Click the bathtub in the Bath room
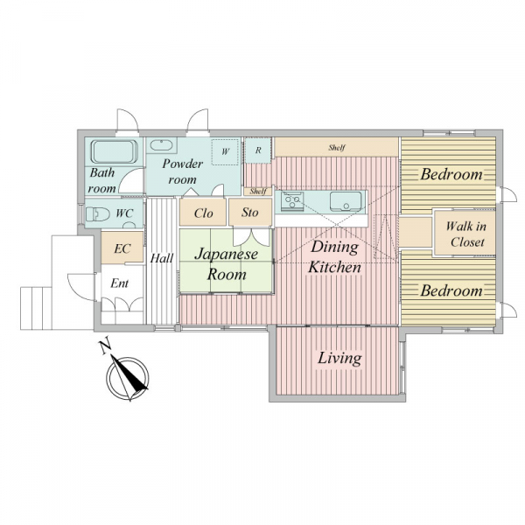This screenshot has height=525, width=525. [114, 151]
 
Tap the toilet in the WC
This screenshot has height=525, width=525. [98, 213]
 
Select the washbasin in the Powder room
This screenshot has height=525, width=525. [161, 145]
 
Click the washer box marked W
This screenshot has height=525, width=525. [226, 151]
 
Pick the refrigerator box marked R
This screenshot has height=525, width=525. [258, 150]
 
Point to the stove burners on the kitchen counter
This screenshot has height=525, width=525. [292, 201]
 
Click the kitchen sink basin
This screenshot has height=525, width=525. [346, 201]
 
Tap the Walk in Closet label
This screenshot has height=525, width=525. [466, 234]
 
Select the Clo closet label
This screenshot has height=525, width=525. [203, 213]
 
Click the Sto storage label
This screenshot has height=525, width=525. [249, 213]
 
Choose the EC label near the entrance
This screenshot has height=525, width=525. [122, 248]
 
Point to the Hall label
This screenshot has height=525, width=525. [161, 258]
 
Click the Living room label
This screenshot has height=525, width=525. [339, 358]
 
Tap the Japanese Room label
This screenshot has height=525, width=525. [227, 264]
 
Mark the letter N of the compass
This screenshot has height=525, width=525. [106, 347]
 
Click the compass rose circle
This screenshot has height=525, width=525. [128, 378]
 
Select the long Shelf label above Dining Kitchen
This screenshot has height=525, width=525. [337, 147]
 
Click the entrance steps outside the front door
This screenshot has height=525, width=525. [36, 308]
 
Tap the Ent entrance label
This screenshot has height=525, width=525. [120, 283]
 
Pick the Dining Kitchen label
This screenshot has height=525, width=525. [334, 257]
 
